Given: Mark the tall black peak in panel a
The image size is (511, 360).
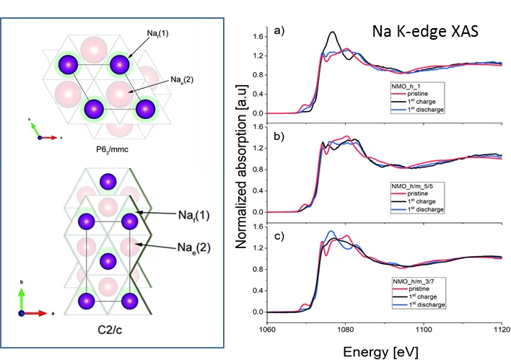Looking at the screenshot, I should (332, 32).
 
